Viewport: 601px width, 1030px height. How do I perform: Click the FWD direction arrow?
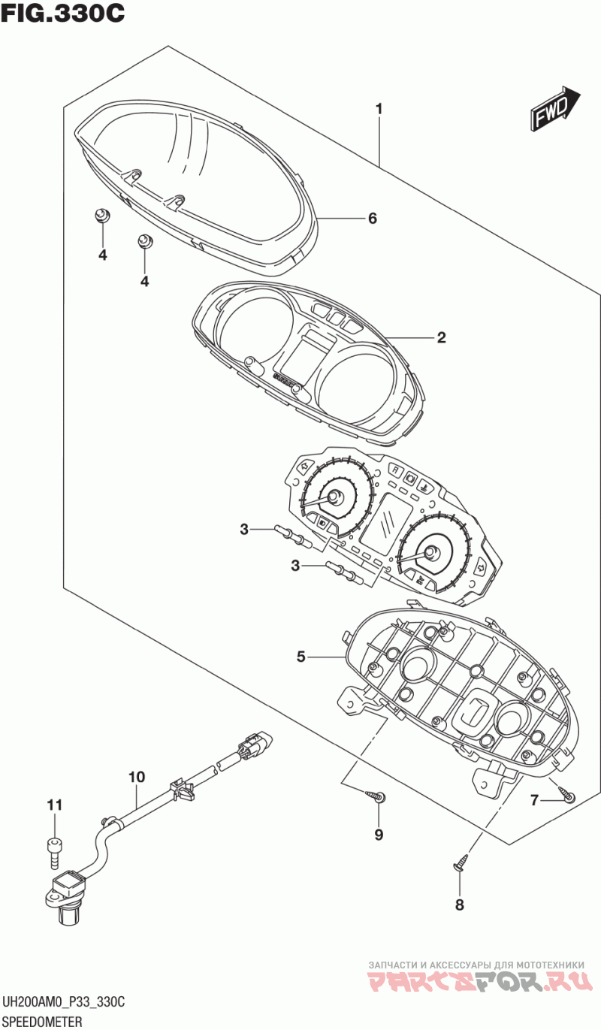555,107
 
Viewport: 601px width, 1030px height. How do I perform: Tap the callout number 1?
379,109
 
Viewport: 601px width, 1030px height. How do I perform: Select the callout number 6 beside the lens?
373,218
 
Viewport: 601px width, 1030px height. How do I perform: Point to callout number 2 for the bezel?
442,337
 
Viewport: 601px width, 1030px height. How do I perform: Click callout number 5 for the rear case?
300,657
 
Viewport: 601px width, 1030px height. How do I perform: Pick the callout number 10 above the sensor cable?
137,777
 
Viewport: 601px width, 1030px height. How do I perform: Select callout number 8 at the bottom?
459,905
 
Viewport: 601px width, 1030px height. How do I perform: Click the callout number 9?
379,835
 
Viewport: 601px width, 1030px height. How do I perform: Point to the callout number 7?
534,801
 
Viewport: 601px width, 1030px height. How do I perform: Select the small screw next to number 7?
566,794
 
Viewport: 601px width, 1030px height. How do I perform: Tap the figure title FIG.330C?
62,14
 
